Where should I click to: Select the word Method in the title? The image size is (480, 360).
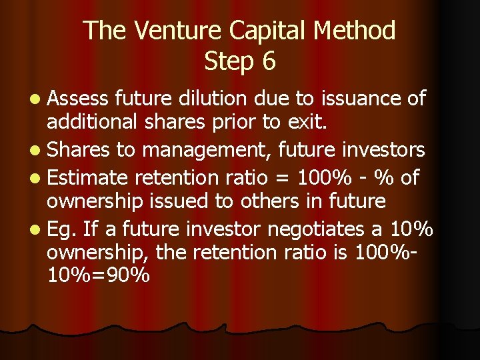click(x=361, y=30)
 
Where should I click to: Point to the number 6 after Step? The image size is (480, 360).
click(x=268, y=61)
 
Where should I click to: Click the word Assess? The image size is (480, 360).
click(x=77, y=99)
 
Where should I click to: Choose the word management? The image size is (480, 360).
click(x=199, y=150)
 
